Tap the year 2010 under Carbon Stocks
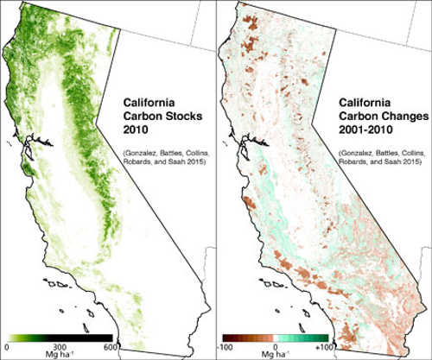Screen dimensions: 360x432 coord(136,123)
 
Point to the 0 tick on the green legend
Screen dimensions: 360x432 coord(7,347)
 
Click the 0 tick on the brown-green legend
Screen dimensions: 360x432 coord(276,347)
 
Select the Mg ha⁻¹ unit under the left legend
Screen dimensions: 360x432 coord(60,355)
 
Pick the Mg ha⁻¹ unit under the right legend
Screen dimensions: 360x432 coord(276,355)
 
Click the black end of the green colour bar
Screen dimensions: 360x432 coord(109,337)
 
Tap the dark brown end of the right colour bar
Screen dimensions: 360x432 coord(226,337)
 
